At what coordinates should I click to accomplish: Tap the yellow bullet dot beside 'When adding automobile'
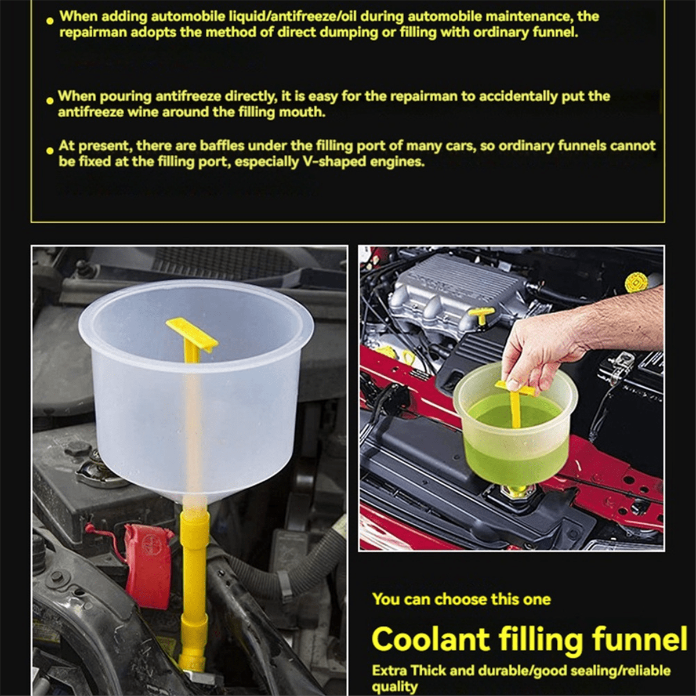(x=52, y=21)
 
